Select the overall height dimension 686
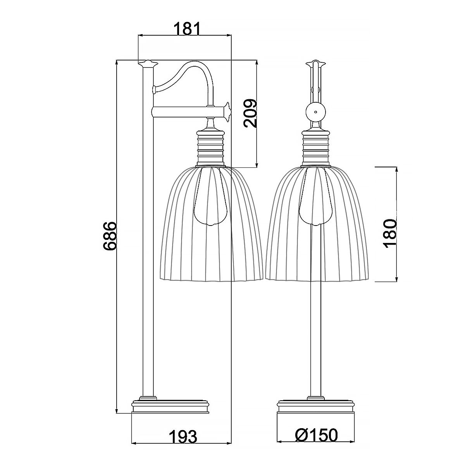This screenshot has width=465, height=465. click(110, 236)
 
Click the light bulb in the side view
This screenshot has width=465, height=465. click(210, 198)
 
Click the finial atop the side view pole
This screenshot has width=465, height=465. click(147, 63)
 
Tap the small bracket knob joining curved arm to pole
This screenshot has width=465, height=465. click(154, 90)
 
